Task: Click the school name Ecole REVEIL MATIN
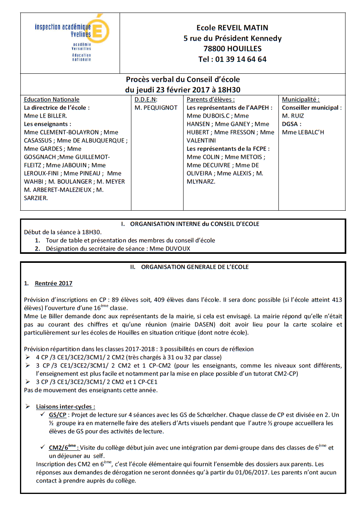click(x=232, y=28)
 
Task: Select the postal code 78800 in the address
click(x=216, y=49)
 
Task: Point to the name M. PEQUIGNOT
click(x=156, y=108)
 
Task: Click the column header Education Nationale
click(x=52, y=100)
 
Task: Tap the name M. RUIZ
click(x=293, y=116)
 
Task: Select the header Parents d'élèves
click(x=211, y=100)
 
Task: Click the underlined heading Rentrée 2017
click(x=54, y=283)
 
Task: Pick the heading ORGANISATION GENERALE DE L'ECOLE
click(x=195, y=267)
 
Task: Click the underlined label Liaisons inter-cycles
click(x=65, y=407)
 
